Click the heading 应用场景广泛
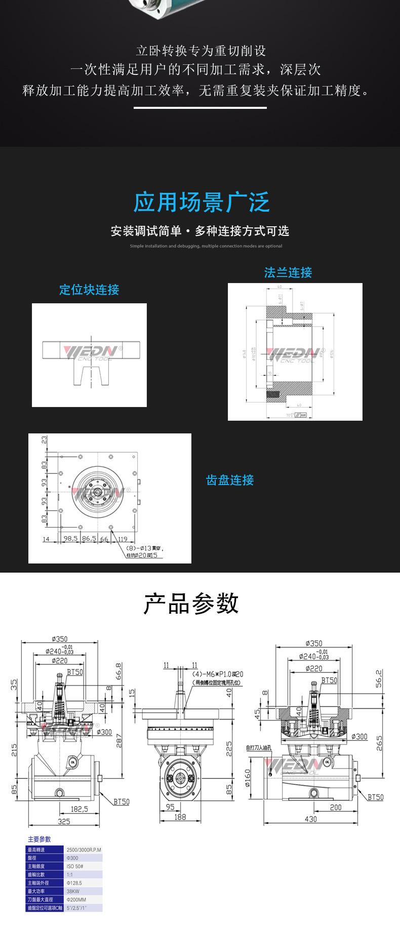(201, 203)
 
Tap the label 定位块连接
(89, 290)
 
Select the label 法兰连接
(288, 272)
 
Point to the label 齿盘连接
(230, 480)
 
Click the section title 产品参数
(191, 604)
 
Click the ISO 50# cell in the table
(75, 866)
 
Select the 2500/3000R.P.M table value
(84, 850)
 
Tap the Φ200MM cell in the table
(76, 900)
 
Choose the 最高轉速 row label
(36, 850)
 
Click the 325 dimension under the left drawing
(64, 821)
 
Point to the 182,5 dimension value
(79, 809)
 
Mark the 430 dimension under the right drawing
(310, 819)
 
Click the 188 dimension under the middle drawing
(180, 817)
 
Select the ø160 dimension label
(248, 778)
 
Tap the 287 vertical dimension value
(119, 741)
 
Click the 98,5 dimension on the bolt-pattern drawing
(70, 538)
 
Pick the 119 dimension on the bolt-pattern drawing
(123, 539)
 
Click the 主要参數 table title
(39, 839)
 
